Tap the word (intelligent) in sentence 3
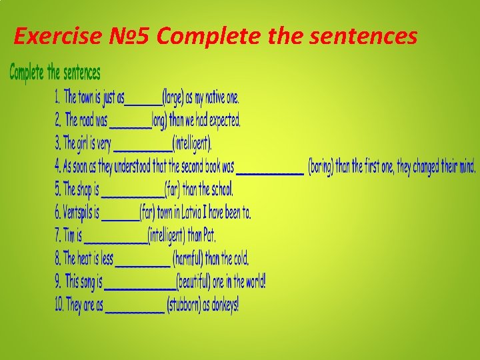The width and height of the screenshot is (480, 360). (x=192, y=143)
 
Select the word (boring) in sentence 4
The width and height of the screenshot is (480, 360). (x=320, y=167)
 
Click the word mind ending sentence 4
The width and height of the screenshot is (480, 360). (x=466, y=167)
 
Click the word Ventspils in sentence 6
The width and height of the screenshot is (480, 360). (x=77, y=213)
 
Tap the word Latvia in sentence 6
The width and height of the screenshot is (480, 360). (x=200, y=213)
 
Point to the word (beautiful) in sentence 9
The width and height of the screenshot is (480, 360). (x=194, y=282)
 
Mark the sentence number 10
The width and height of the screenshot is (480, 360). (x=59, y=305)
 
